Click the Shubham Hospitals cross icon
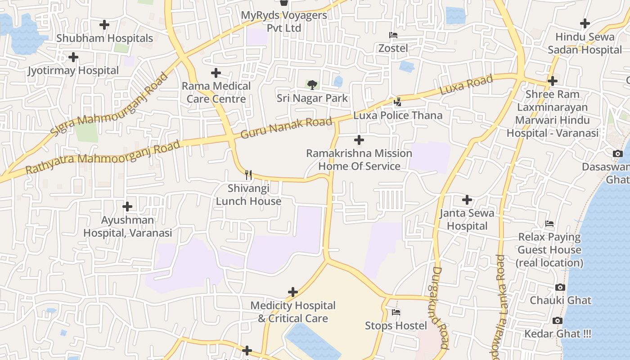point(104,25)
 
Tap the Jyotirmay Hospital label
point(73,71)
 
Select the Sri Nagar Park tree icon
point(312,85)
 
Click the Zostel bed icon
point(393,35)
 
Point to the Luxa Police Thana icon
point(397,102)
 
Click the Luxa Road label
point(466,85)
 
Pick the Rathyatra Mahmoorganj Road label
point(103,157)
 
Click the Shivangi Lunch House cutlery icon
point(248,175)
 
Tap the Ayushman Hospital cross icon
point(127,207)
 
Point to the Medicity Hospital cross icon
point(293,292)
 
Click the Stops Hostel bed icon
point(396,312)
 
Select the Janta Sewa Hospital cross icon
point(467,199)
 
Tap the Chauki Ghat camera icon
point(560,287)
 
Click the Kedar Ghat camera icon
point(558,320)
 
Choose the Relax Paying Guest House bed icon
point(549,224)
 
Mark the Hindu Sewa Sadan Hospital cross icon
point(585,23)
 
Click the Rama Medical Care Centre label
point(216,92)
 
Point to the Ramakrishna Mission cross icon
point(359,140)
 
